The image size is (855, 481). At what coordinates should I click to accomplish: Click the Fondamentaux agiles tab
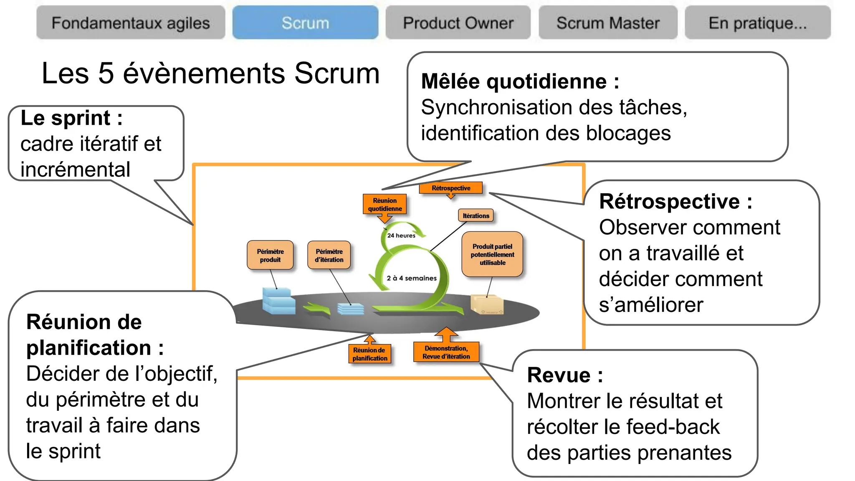pyautogui.click(x=130, y=23)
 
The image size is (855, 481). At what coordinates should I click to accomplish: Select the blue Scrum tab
pyautogui.click(x=305, y=23)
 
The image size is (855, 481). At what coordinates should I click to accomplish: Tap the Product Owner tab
pyautogui.click(x=458, y=23)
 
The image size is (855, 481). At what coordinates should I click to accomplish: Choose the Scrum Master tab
pyautogui.click(x=608, y=23)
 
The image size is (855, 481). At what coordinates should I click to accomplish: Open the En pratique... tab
pyautogui.click(x=757, y=23)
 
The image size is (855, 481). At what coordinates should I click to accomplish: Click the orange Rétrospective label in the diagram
pyautogui.click(x=451, y=188)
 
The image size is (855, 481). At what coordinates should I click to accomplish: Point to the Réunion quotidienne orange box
pyautogui.click(x=384, y=205)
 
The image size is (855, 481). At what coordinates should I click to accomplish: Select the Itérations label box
pyautogui.click(x=476, y=215)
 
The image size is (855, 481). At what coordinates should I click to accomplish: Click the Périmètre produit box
pyautogui.click(x=270, y=255)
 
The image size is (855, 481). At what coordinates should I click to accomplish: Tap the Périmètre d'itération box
pyautogui.click(x=329, y=255)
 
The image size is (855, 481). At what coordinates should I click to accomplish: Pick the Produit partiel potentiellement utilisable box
pyautogui.click(x=492, y=254)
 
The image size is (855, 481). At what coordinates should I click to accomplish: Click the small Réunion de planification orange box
pyautogui.click(x=369, y=354)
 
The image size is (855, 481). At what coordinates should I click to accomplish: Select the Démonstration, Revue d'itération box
pyautogui.click(x=446, y=352)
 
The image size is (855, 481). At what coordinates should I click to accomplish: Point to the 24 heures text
pyautogui.click(x=401, y=235)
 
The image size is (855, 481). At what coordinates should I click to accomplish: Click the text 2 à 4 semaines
pyautogui.click(x=412, y=278)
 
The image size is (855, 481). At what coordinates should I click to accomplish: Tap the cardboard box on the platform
pyautogui.click(x=487, y=304)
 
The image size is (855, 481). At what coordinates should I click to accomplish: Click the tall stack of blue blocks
pyautogui.click(x=278, y=301)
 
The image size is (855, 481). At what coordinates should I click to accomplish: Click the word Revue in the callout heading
pyautogui.click(x=558, y=375)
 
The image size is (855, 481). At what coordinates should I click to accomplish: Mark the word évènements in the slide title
pyautogui.click(x=204, y=73)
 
